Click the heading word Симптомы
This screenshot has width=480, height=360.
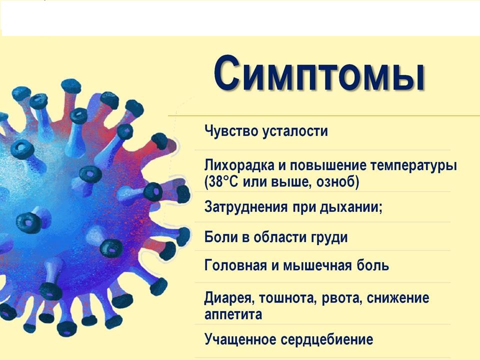pos(318,74)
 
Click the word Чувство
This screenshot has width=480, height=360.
pos(231,131)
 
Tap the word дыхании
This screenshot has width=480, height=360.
pos(350,207)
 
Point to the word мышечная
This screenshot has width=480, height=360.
pos(317,265)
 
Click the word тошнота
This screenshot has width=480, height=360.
pos(286,298)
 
